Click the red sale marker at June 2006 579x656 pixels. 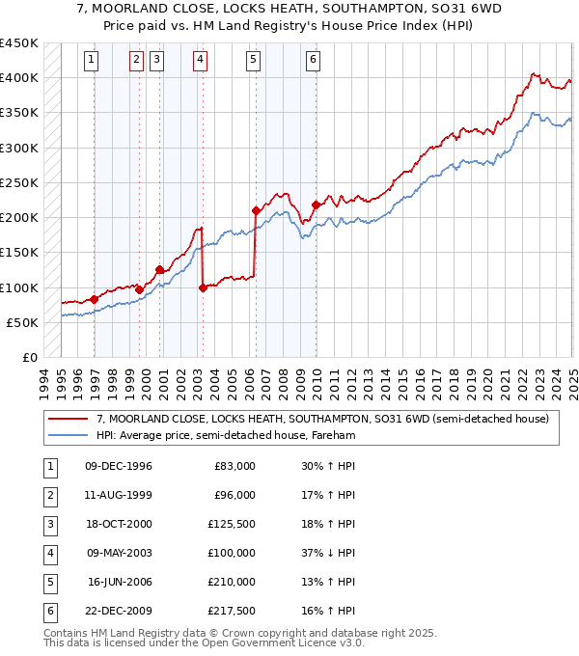256,210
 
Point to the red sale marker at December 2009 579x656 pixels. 317,205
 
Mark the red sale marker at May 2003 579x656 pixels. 203,287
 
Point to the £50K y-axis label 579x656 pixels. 23,322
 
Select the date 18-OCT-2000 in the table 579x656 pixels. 118,524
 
